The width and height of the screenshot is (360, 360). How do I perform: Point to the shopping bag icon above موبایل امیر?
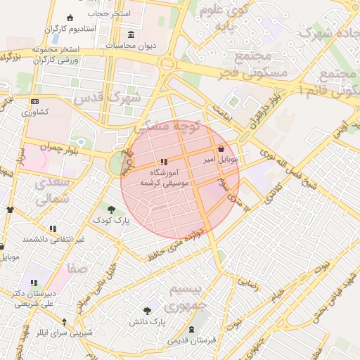[x=222, y=149]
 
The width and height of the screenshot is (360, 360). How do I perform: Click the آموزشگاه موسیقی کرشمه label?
[x=164, y=176]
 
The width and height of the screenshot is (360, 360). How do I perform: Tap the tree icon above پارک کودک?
[x=111, y=209]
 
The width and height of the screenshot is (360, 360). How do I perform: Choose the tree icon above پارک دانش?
[x=147, y=311]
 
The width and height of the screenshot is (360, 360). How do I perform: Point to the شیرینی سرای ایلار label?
[x=65, y=333]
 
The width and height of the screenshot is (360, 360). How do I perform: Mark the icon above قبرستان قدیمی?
[x=192, y=330]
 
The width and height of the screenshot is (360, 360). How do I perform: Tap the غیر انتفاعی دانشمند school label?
[x=53, y=239]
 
